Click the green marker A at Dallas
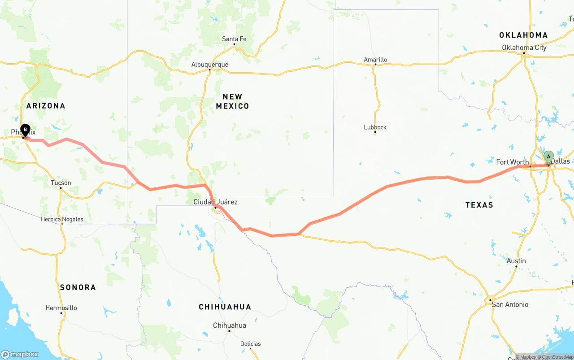(548, 157)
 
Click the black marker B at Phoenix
(25, 130)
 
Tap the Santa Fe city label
(234, 39)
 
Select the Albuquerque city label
(209, 65)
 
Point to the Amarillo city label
(375, 60)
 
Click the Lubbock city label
(375, 127)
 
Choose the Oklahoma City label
(524, 48)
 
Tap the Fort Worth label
(512, 162)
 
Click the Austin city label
(516, 261)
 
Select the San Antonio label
(510, 304)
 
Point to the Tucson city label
(61, 183)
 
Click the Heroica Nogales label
(62, 219)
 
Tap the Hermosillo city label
(61, 308)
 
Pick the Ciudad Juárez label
(215, 202)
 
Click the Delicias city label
(250, 344)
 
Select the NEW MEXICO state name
(232, 101)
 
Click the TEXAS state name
(479, 205)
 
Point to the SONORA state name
(78, 287)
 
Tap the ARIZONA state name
(46, 106)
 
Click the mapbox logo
(20, 354)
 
